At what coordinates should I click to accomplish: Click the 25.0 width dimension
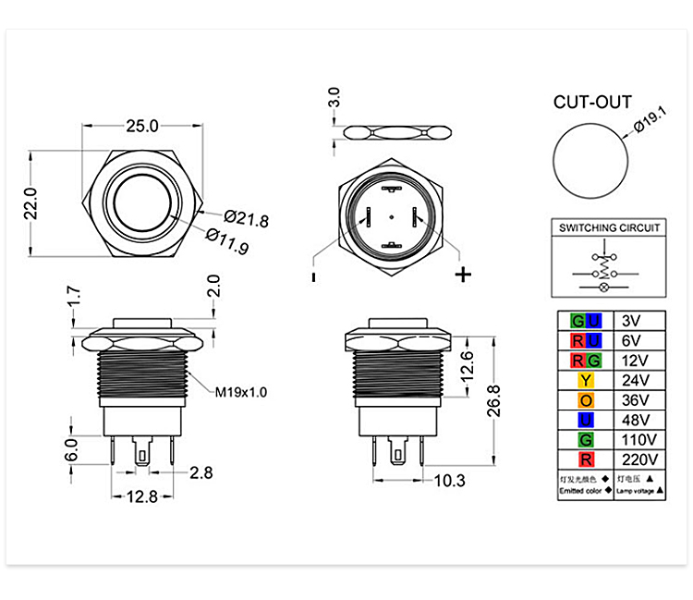point(142,126)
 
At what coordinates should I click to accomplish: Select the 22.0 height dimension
point(30,203)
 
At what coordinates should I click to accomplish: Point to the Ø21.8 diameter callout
point(246,218)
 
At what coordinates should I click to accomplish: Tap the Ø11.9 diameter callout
point(227,241)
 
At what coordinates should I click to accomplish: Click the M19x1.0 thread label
point(241,392)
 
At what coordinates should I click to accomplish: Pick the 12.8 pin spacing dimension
point(142,496)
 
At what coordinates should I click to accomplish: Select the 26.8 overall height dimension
point(493,401)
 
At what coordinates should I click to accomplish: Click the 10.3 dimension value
point(449,481)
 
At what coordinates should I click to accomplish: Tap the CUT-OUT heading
point(592,102)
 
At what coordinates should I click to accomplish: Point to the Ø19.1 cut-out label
point(650,119)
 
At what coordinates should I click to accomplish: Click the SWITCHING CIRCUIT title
point(609,227)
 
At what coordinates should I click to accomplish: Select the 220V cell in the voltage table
point(639,459)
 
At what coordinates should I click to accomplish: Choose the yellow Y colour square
point(586,380)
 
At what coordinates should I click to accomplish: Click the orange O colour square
point(586,400)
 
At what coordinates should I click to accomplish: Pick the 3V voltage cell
point(631,321)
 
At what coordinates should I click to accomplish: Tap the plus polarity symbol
point(463,275)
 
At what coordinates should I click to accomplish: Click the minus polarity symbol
point(313,277)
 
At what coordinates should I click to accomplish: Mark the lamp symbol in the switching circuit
point(604,288)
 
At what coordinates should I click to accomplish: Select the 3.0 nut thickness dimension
point(334,97)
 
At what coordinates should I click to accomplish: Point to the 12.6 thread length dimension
point(467,367)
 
